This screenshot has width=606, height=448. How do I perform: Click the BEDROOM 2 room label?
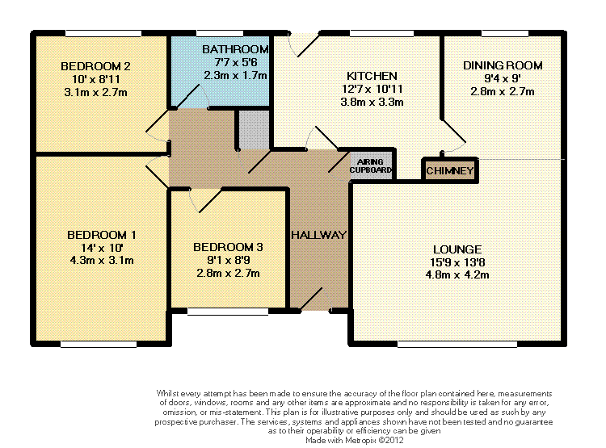click(95, 66)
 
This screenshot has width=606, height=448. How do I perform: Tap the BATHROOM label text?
click(235, 49)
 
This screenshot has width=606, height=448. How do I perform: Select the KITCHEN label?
click(372, 76)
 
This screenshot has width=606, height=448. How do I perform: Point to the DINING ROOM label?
click(503, 65)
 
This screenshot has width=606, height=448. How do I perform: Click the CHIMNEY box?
click(450, 170)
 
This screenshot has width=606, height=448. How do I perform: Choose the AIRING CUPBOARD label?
click(370, 165)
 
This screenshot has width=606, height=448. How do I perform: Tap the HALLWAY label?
click(318, 235)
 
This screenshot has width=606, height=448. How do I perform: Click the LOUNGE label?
click(457, 249)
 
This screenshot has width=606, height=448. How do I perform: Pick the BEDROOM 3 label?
click(228, 247)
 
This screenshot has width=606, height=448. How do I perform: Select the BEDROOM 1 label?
click(102, 235)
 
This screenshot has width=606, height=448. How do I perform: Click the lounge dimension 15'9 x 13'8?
click(457, 262)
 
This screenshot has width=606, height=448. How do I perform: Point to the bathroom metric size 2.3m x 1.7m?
click(235, 75)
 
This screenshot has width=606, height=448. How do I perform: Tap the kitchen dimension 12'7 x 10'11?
click(372, 89)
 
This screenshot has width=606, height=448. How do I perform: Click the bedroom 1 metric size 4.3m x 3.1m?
click(102, 260)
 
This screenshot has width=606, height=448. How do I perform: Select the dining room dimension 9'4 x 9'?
click(503, 79)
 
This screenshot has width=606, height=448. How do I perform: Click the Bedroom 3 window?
click(228, 312)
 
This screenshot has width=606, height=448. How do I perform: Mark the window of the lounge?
click(457, 344)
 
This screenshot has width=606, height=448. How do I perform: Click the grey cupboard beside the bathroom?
click(254, 130)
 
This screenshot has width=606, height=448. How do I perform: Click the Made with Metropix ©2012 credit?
click(355, 440)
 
